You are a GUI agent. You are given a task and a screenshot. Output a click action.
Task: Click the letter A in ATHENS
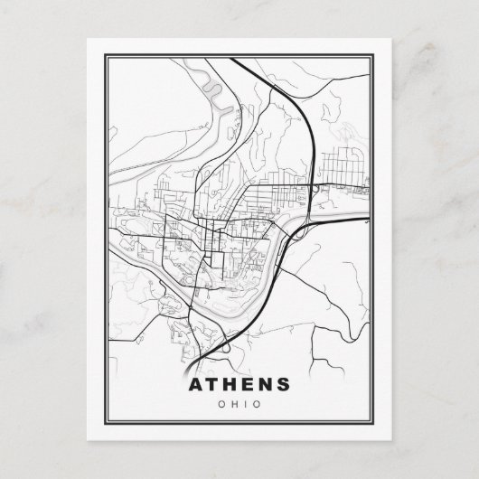[x=196, y=384]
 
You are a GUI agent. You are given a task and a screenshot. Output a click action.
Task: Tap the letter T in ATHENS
[x=216, y=384]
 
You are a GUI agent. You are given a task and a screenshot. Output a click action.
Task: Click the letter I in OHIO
[x=248, y=404]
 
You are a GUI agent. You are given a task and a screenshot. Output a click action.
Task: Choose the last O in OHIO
[x=258, y=404]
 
